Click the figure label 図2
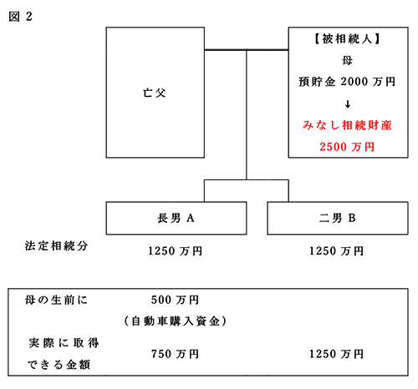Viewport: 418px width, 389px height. coord(20,17)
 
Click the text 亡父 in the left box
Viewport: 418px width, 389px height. coord(155,93)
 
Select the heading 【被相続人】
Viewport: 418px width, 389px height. coord(347,38)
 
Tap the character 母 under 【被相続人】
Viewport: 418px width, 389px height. coord(347,60)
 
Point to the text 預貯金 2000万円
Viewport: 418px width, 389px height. coord(347,82)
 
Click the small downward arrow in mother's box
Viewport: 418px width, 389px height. coord(348,104)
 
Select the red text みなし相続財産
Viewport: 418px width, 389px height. coord(347,125)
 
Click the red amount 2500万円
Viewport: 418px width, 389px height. coord(347,147)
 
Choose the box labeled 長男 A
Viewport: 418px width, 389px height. coord(176,218)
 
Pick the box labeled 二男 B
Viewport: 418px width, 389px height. coord(338,218)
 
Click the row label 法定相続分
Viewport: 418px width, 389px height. coord(56,246)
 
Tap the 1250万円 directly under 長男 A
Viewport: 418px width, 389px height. coord(176,251)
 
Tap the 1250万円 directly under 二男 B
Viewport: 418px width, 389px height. coord(337,251)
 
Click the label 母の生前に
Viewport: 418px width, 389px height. coord(56,300)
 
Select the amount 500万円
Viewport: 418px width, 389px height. coord(176,300)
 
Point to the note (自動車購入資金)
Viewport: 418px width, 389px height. coord(176,321)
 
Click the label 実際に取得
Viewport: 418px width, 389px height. coord(64,343)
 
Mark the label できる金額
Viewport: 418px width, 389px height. coord(59,365)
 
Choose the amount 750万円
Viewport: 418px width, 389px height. coord(176,354)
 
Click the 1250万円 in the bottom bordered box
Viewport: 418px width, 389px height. coord(337,354)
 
